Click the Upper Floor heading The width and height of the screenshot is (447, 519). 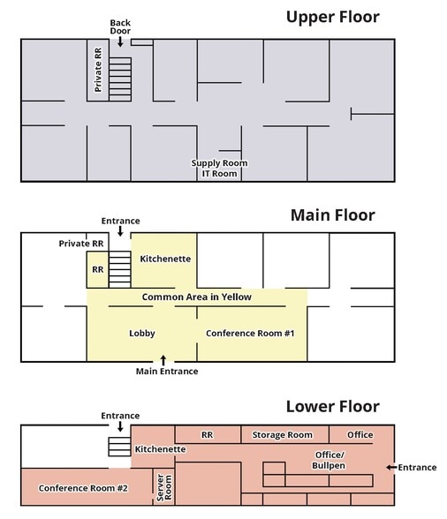point(333,18)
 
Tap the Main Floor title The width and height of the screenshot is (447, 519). point(333,215)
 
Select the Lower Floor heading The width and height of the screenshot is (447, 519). point(333,406)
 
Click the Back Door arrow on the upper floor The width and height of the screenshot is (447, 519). point(120,41)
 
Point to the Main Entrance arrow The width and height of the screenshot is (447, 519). point(163,360)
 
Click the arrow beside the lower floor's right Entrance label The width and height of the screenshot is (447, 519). point(391,468)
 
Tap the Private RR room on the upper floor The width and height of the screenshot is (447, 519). point(98,71)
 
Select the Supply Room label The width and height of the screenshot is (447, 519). point(219,163)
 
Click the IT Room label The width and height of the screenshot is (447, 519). point(220,173)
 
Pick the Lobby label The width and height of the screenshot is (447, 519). point(142,334)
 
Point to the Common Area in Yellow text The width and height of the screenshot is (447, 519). point(196,297)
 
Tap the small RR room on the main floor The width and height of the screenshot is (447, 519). point(98,269)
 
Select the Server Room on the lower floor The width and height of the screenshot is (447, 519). point(163,486)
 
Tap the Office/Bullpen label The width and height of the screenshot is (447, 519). point(329,460)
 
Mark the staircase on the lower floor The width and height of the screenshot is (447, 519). point(119,447)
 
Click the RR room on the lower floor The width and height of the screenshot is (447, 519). point(208,434)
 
